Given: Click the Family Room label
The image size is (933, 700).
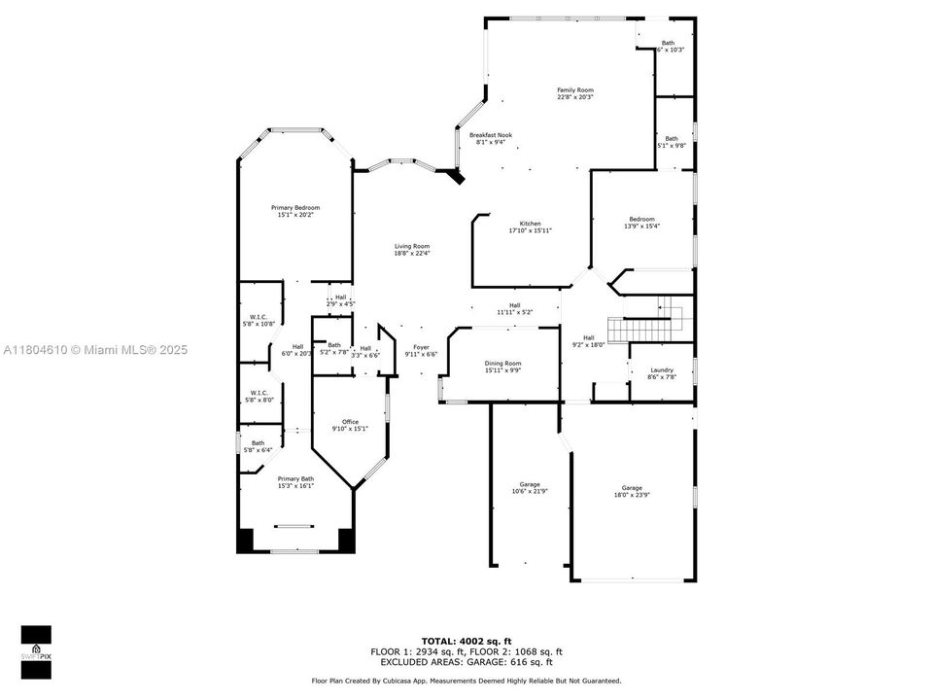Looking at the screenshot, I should pos(575,93).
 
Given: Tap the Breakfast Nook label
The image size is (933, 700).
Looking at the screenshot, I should pos(491,138).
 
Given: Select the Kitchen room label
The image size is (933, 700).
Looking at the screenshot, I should pos(530,227).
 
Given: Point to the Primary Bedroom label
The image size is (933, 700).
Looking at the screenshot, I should pos(294,211).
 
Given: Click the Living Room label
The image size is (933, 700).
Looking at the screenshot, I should pos(411,249).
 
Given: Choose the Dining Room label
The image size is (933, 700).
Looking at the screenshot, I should pos(502,367).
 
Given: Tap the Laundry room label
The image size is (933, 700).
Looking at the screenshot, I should pos(662,372).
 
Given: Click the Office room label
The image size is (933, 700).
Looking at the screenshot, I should pos(350,425).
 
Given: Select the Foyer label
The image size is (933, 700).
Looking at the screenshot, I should pos(421,350).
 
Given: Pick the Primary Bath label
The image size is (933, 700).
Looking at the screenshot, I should pos(294,482).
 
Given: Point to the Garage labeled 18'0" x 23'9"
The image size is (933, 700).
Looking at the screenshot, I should pos(632,491).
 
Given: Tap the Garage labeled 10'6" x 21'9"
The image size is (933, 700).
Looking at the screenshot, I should pos(530,488).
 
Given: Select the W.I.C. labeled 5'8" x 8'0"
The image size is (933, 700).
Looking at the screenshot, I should pos(259,397).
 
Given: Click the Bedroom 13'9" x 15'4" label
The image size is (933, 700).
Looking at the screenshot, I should pos(641,223).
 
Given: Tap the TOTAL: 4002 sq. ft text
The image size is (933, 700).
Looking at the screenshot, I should pos(466,642).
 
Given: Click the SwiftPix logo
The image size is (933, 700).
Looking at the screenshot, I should pos(36,647).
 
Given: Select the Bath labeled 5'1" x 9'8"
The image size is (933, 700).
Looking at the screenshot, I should pos(673,142).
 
